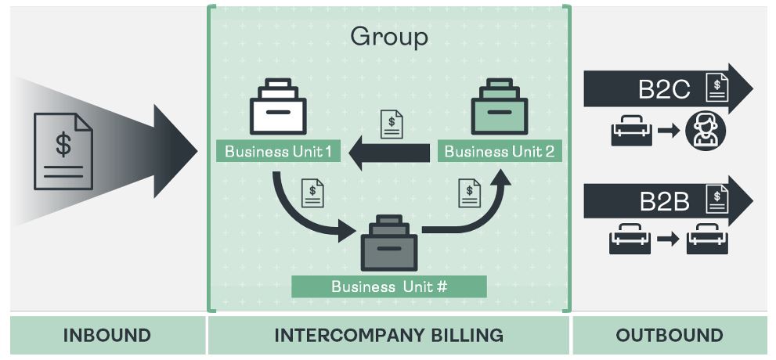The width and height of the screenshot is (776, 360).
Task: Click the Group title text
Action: (x=389, y=36)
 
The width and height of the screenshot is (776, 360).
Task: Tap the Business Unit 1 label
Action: (x=278, y=151)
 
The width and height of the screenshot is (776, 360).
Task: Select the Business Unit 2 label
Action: (x=499, y=151)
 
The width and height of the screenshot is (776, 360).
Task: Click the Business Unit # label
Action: (x=389, y=286)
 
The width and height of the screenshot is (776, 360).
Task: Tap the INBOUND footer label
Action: (x=106, y=336)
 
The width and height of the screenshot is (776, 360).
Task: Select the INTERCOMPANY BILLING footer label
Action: (x=388, y=336)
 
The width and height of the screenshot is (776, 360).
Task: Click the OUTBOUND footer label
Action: (x=669, y=336)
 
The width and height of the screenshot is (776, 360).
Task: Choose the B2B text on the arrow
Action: (x=664, y=202)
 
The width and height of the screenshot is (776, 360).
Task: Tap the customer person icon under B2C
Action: (x=706, y=131)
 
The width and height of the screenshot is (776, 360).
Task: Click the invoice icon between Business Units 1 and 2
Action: (x=392, y=124)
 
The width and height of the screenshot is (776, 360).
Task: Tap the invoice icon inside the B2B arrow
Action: (x=716, y=199)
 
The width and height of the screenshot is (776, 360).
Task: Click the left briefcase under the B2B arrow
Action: (x=630, y=239)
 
